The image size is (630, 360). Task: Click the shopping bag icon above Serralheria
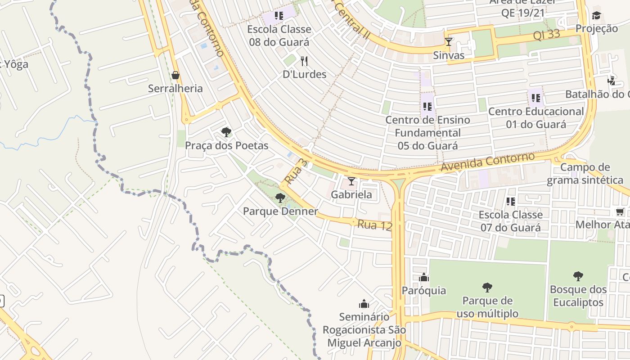(x=175, y=75)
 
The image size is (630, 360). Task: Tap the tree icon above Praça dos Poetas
(x=226, y=132)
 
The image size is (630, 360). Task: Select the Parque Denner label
(x=280, y=211)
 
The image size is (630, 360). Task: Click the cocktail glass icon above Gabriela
(x=351, y=181)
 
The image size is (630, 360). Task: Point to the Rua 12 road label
(x=375, y=225)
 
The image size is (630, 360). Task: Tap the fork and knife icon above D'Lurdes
(x=304, y=61)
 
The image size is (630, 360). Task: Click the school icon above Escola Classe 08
(x=279, y=16)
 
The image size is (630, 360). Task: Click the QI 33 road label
(x=546, y=34)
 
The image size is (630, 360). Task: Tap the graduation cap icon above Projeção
(x=597, y=16)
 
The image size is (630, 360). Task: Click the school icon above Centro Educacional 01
(x=535, y=98)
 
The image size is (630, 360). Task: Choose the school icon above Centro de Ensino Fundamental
(x=427, y=107)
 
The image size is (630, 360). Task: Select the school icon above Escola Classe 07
(x=510, y=202)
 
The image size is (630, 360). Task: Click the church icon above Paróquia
(x=424, y=277)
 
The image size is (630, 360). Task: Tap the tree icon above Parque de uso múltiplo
(x=487, y=287)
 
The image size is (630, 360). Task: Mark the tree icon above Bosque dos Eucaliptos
(x=578, y=276)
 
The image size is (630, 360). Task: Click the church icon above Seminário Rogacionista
(x=364, y=304)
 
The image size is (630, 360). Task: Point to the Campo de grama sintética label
(x=585, y=174)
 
